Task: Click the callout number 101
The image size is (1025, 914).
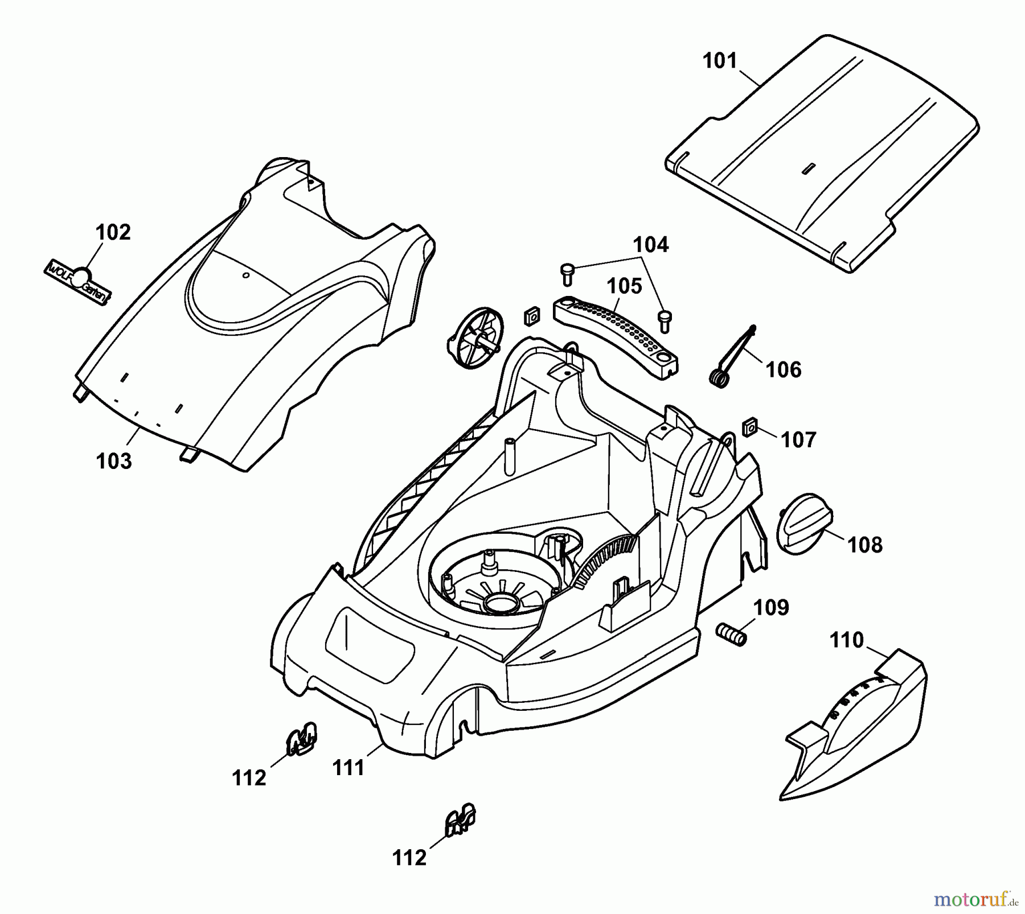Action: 720,61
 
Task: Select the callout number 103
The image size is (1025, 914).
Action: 114,461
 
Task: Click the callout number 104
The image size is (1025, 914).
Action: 651,245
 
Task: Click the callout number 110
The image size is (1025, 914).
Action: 846,640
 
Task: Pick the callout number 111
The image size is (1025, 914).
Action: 348,768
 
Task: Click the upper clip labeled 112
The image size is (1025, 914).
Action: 301,738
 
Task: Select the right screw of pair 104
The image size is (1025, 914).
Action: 665,321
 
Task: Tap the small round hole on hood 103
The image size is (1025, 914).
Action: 246,275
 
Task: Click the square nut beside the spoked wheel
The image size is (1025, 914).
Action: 532,317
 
